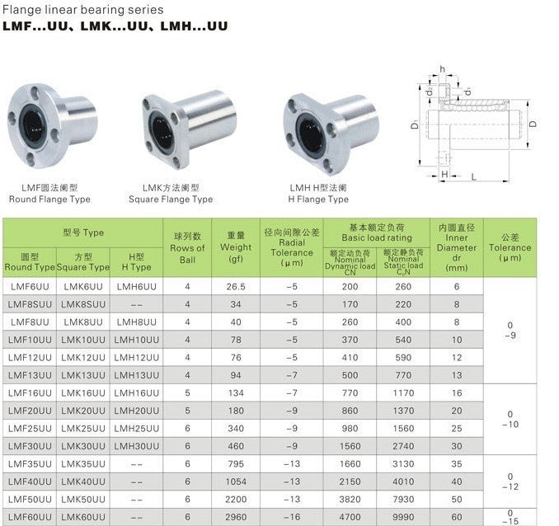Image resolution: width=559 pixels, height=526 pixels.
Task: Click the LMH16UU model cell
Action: coord(137,393)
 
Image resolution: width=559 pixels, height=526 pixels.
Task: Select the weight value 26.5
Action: coord(236,287)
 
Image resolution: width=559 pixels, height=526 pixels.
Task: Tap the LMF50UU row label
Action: coord(30,500)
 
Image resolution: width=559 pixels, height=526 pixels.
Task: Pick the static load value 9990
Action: coord(403,517)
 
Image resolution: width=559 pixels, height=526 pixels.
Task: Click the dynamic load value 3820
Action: coord(350,500)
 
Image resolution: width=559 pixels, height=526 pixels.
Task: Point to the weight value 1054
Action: coord(236,481)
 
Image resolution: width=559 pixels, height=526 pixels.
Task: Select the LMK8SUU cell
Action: coord(83,304)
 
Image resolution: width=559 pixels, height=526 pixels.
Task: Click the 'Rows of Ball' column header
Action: coord(187,248)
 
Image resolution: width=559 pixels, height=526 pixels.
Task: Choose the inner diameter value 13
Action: coord(457,375)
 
